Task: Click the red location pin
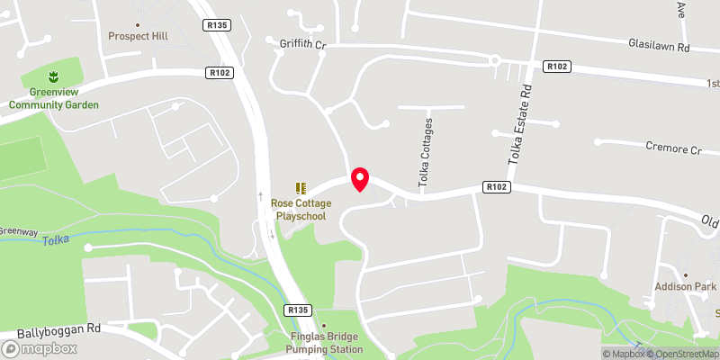point(360,179)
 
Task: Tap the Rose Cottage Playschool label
point(301,210)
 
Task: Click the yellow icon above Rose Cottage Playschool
point(301,188)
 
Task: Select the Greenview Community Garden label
point(54,98)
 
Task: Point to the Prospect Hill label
point(138,36)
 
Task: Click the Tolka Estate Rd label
point(517,127)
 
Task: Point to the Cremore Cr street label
point(673,147)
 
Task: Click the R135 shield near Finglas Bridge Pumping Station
point(299,310)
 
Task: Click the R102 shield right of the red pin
point(497,187)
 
